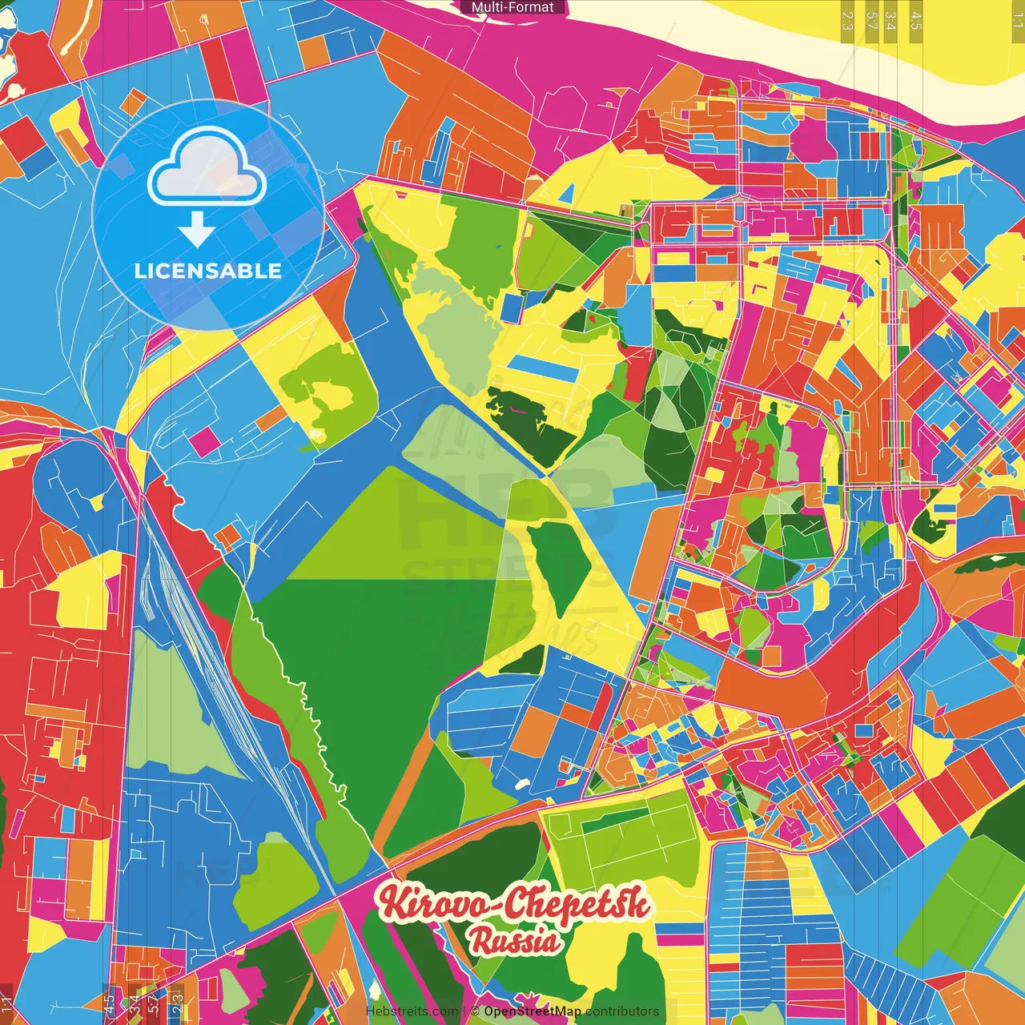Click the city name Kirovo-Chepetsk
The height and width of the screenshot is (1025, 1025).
point(514,903)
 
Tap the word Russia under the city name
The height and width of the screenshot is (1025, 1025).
point(514,940)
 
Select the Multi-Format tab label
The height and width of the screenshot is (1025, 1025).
point(512,7)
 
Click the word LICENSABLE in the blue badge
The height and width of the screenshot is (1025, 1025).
point(208,271)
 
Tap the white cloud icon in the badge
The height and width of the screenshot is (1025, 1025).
point(207,168)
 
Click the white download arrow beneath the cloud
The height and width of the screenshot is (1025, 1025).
point(196,230)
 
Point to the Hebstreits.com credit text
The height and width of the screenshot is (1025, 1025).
point(412,1011)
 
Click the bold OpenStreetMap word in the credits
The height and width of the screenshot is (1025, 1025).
point(532,1011)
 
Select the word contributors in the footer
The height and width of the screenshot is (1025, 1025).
point(622,1011)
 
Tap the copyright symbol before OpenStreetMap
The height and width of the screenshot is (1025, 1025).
point(475,1011)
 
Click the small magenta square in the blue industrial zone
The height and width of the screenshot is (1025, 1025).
point(205,441)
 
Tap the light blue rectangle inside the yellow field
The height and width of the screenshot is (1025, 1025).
point(542,368)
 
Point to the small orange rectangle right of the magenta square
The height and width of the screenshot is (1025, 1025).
point(271,417)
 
